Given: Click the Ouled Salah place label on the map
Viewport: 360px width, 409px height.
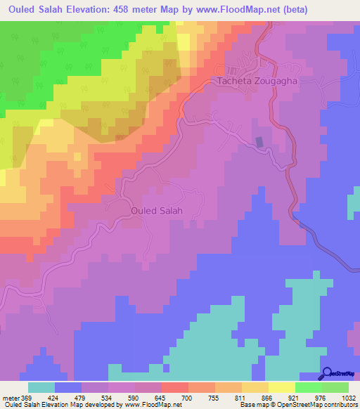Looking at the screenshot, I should tap(157, 210).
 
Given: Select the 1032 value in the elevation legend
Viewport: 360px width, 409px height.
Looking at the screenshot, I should tap(349, 397).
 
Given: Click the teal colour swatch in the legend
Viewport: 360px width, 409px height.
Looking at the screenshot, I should tap(41, 387).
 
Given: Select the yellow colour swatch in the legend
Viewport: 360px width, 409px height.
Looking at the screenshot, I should tap(281, 387).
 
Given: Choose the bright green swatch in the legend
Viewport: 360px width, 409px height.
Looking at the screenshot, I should tap(308, 387).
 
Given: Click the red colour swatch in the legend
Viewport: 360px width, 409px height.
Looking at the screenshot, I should tap(174, 387).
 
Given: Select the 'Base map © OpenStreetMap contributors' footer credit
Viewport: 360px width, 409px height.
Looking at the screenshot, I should tap(297, 405).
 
